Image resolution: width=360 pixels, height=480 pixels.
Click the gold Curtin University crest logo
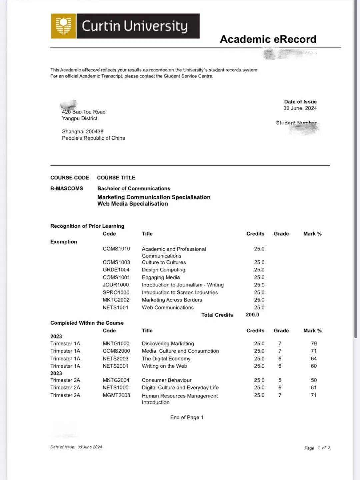pyautogui.click(x=63, y=26)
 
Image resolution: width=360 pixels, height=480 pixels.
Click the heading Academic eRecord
pyautogui.click(x=268, y=39)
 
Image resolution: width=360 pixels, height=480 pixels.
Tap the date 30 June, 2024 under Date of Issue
pyautogui.click(x=300, y=108)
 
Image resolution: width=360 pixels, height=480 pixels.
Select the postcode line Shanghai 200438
pyautogui.click(x=83, y=132)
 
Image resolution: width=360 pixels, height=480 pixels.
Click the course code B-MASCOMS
pyautogui.click(x=67, y=189)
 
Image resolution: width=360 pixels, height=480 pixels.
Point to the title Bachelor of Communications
pyautogui.click(x=134, y=189)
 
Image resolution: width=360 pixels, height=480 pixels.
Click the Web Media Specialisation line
pyautogui.click(x=133, y=204)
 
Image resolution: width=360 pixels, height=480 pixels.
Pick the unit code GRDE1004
pyautogui.click(x=116, y=270)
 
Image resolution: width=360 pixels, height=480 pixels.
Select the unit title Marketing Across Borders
pyautogui.click(x=172, y=300)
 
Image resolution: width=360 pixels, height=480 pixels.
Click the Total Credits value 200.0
pyautogui.click(x=252, y=315)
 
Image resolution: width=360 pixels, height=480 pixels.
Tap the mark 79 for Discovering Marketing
pyautogui.click(x=314, y=344)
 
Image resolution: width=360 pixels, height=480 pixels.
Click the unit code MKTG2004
pyautogui.click(x=116, y=380)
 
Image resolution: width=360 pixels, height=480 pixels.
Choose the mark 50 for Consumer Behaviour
pyautogui.click(x=314, y=380)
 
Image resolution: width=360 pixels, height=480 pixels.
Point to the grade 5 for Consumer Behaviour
pyautogui.click(x=280, y=380)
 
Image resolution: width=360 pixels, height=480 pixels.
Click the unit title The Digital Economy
pyautogui.click(x=166, y=359)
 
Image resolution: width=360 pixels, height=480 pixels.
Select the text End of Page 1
pyautogui.click(x=187, y=418)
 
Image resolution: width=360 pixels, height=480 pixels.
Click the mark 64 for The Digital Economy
pyautogui.click(x=314, y=359)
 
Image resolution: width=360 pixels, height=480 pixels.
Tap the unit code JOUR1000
pyautogui.click(x=116, y=285)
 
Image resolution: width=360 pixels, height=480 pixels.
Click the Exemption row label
pyautogui.click(x=64, y=242)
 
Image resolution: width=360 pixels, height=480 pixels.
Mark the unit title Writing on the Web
pyautogui.click(x=164, y=366)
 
